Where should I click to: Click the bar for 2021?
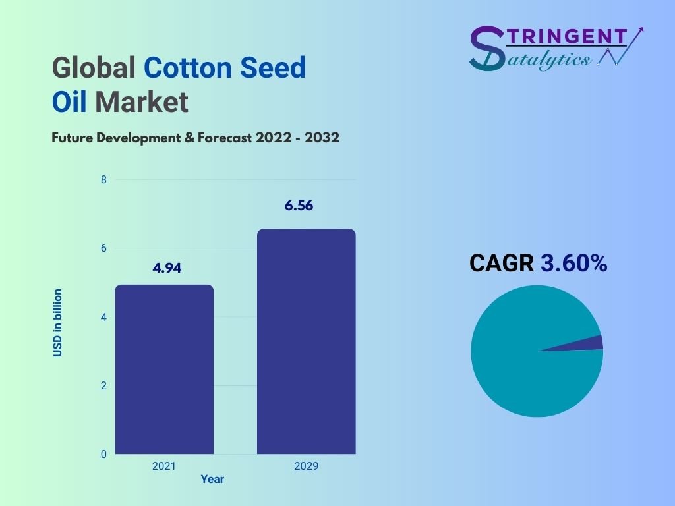tap(164, 369)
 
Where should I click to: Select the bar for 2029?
tap(307, 342)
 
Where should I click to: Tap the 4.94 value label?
tap(167, 268)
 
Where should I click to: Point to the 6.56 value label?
tap(299, 206)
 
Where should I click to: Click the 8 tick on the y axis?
tap(103, 179)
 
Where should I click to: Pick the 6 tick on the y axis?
tap(103, 248)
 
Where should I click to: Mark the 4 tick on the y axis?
tap(103, 317)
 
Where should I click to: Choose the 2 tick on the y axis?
tap(103, 385)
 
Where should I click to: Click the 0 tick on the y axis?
tap(103, 454)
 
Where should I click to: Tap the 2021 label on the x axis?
tap(164, 466)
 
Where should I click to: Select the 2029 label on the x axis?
tap(306, 466)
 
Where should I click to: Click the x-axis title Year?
tap(212, 479)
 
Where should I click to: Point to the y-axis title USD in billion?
tap(58, 323)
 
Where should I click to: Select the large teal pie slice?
tap(529, 357)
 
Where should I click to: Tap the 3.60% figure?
tap(574, 263)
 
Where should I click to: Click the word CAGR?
tap(502, 263)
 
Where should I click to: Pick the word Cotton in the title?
tap(189, 68)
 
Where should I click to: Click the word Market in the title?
tap(142, 102)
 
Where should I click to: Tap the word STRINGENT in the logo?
tap(567, 37)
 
